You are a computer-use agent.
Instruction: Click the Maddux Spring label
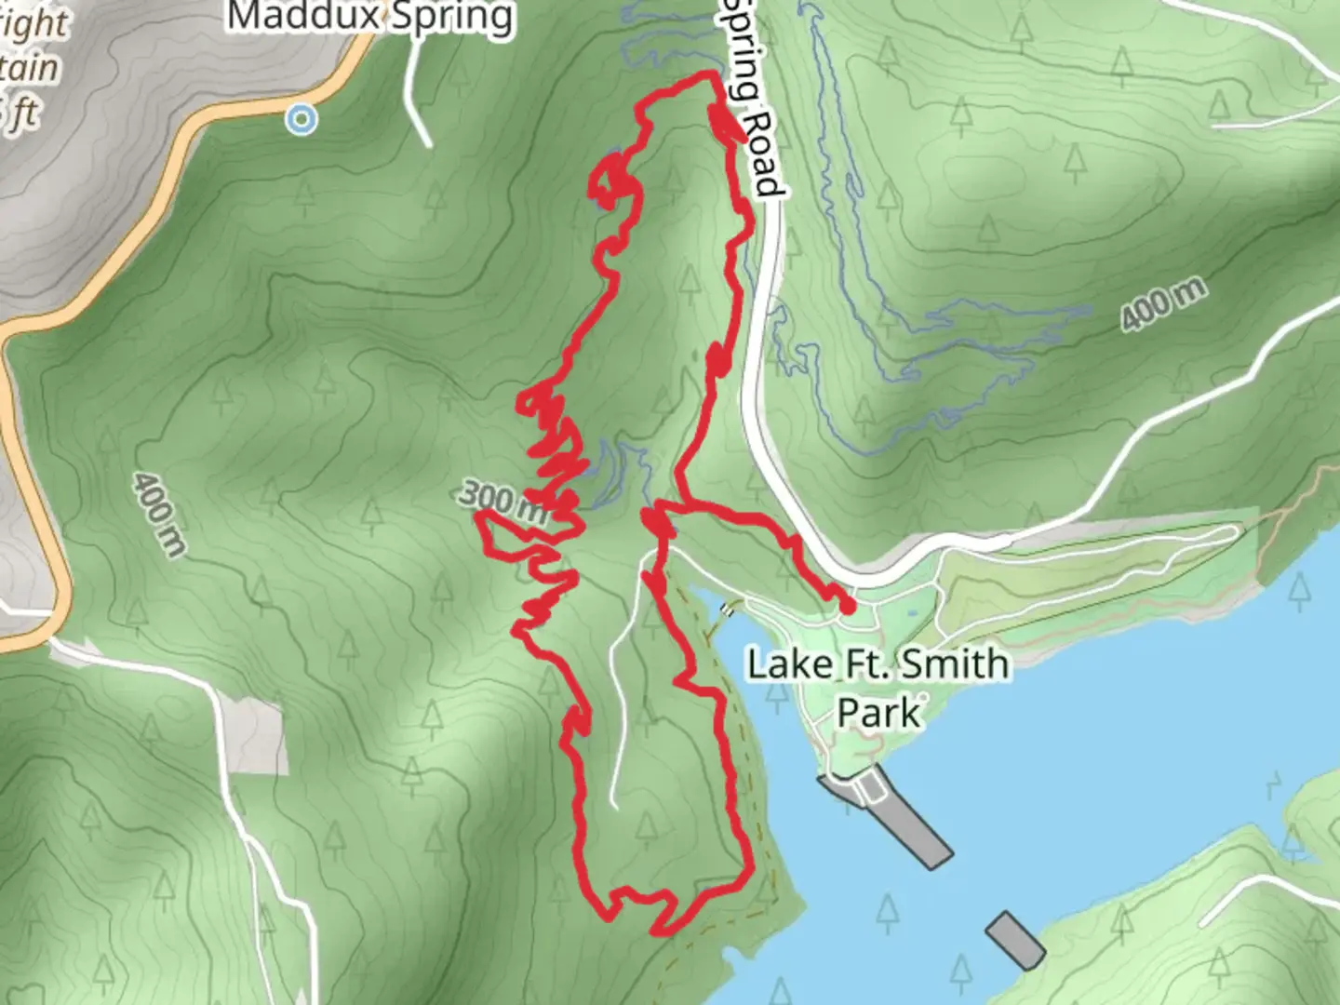[370, 17]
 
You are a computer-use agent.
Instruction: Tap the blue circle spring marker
[301, 119]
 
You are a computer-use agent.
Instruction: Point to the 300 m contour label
[502, 501]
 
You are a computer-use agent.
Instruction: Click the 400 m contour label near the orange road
[157, 514]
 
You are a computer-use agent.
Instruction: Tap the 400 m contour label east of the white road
[1162, 303]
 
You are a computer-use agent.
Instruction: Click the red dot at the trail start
[848, 606]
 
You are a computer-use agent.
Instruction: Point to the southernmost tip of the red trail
[656, 930]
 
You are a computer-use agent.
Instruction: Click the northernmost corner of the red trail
[713, 74]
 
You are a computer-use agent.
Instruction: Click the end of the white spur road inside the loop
[614, 805]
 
